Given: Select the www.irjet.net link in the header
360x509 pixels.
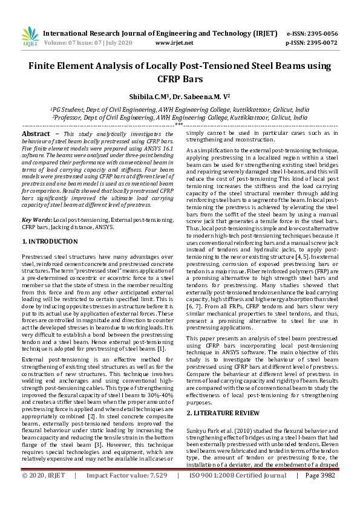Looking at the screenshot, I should (x=174, y=43).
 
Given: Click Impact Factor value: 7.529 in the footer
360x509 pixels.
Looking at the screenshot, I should (x=126, y=493).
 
